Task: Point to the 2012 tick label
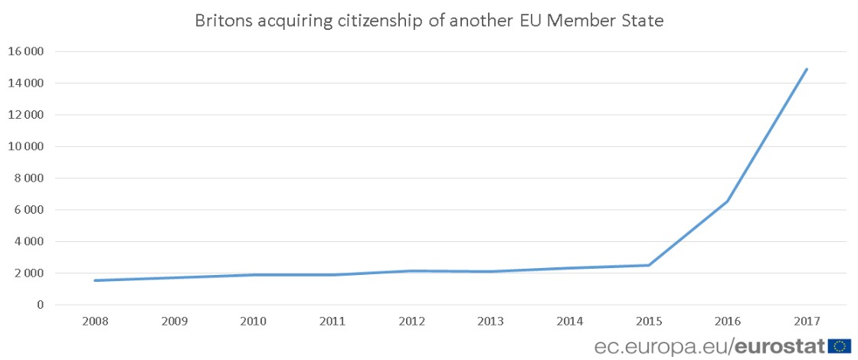pos(411,321)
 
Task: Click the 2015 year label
pos(650,321)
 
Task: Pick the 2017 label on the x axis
pos(808,321)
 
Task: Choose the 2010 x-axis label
pos(253,321)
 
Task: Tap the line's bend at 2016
pos(728,201)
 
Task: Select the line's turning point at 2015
pos(649,265)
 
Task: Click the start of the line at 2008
pos(94,280)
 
